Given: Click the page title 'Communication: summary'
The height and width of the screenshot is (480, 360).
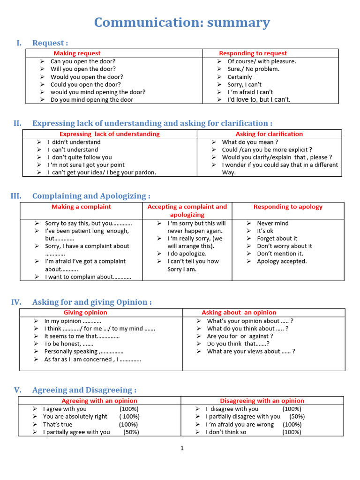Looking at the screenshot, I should [182, 22].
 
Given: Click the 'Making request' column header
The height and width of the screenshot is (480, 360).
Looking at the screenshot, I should [77, 53].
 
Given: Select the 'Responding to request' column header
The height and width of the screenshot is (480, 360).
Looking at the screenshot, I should [253, 53].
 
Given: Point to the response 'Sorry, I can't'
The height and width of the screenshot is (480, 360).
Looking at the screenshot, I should [244, 84].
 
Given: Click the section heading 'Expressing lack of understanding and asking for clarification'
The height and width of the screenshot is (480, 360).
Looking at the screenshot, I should [152, 123].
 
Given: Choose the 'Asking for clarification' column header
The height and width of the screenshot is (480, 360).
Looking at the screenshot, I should [269, 134].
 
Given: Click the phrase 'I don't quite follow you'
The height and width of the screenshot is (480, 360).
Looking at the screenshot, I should [80, 157].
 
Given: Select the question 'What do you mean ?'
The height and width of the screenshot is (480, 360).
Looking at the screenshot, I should [250, 142].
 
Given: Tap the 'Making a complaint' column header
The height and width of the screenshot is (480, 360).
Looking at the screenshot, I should [81, 207].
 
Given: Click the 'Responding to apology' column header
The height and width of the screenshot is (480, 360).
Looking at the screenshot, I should [288, 207].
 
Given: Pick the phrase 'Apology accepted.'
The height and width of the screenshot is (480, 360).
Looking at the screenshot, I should [282, 261].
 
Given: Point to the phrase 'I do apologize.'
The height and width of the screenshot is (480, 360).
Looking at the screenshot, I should [187, 254].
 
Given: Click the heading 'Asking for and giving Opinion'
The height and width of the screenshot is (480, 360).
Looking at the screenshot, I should [92, 302].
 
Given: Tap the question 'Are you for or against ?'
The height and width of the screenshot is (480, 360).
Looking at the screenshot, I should [240, 336].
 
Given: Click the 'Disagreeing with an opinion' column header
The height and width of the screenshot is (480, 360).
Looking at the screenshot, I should [262, 401].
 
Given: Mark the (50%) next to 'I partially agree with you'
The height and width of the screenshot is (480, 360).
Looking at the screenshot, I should [131, 432].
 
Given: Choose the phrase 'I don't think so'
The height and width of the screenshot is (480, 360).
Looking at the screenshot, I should [226, 432].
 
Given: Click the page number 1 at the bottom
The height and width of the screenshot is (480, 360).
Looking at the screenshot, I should [182, 449].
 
